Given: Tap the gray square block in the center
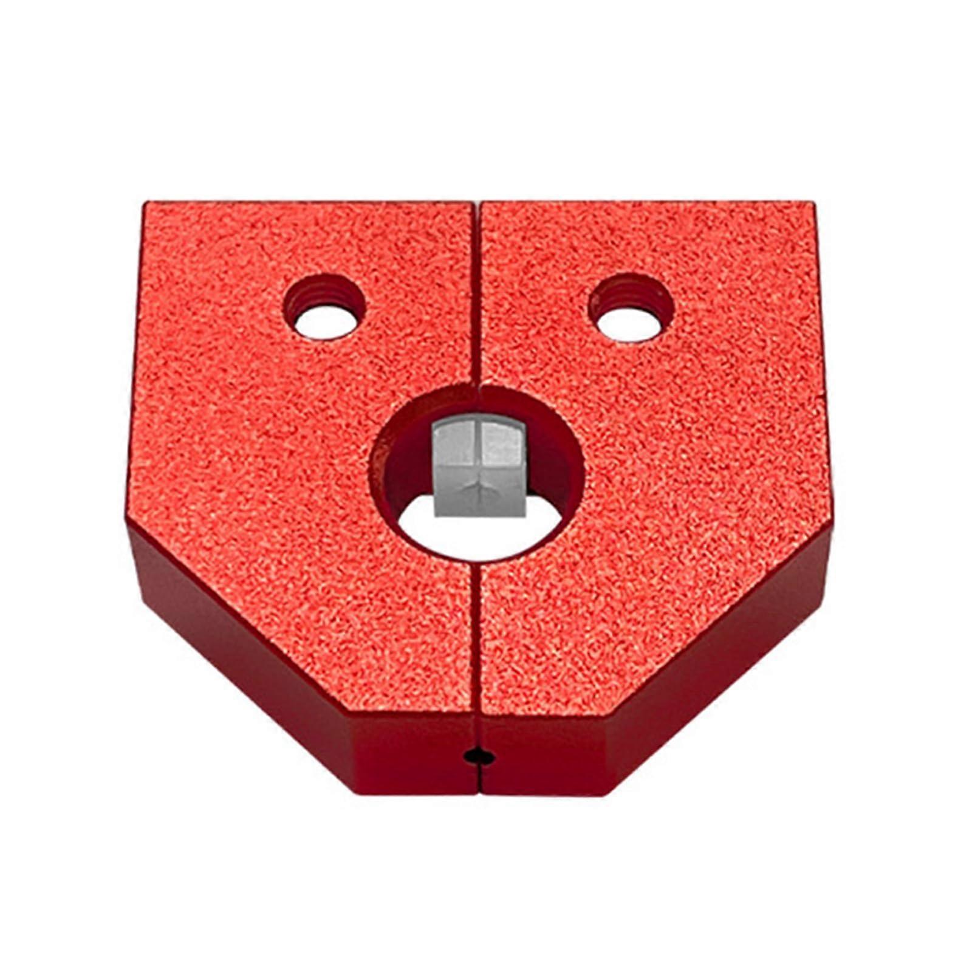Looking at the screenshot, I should (x=479, y=465).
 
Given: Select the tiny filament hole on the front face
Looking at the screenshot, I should (x=477, y=757).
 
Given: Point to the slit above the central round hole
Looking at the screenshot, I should (x=477, y=292).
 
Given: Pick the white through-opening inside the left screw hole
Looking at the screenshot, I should (x=325, y=322).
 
